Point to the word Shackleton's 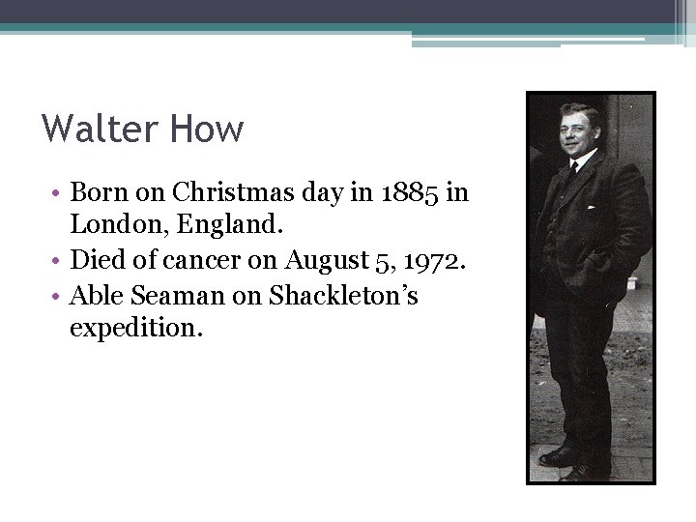tap(343, 296)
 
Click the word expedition tap(136, 330)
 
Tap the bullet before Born tap(59, 192)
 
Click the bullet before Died tap(59, 261)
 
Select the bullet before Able tap(59, 296)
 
